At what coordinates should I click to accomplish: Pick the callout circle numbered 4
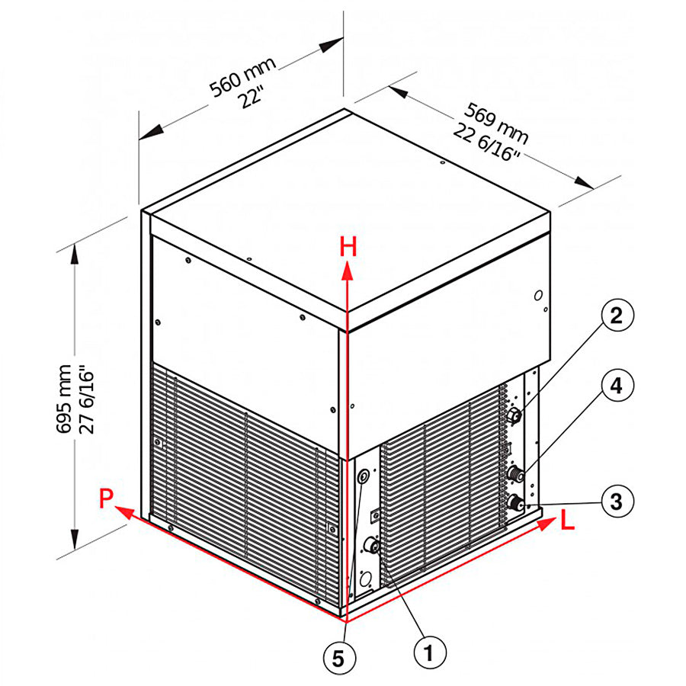pos(617,386)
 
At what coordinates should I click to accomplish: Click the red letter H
pos(348,246)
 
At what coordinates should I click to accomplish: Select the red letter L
pos(567,521)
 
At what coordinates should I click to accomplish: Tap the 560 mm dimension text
pos(242,76)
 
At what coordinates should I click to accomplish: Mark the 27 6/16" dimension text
pos(85,398)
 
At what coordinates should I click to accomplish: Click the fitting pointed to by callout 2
pos(515,415)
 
